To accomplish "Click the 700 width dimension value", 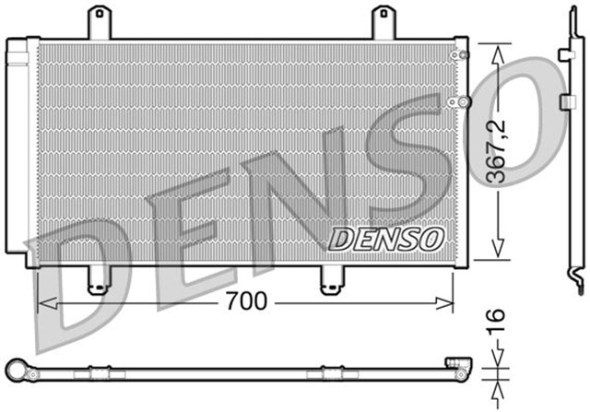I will pos(246,301).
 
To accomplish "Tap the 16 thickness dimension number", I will pos(497,323).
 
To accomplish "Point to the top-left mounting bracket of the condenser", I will pos(98,22).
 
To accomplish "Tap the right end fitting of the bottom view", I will pos(455,366).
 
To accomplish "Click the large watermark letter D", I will pos(78,277).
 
